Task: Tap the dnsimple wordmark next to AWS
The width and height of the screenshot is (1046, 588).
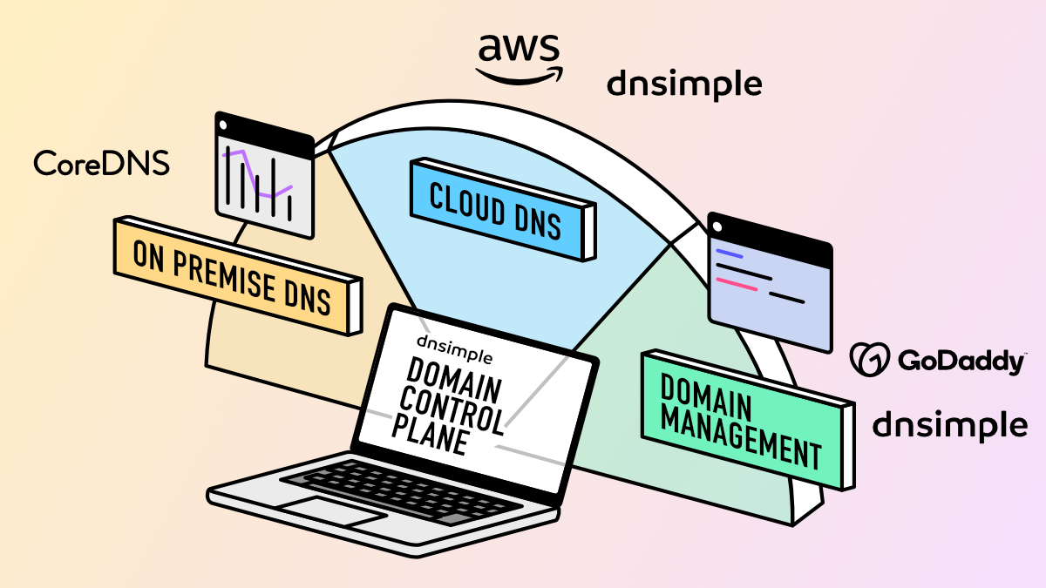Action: pyautogui.click(x=684, y=84)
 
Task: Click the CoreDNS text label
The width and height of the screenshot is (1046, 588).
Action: pyautogui.click(x=101, y=163)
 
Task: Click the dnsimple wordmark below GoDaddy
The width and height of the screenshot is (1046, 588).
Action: pyautogui.click(x=949, y=425)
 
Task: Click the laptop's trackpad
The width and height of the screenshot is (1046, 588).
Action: pyautogui.click(x=328, y=510)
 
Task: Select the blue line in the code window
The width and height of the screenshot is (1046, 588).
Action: pyautogui.click(x=729, y=254)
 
